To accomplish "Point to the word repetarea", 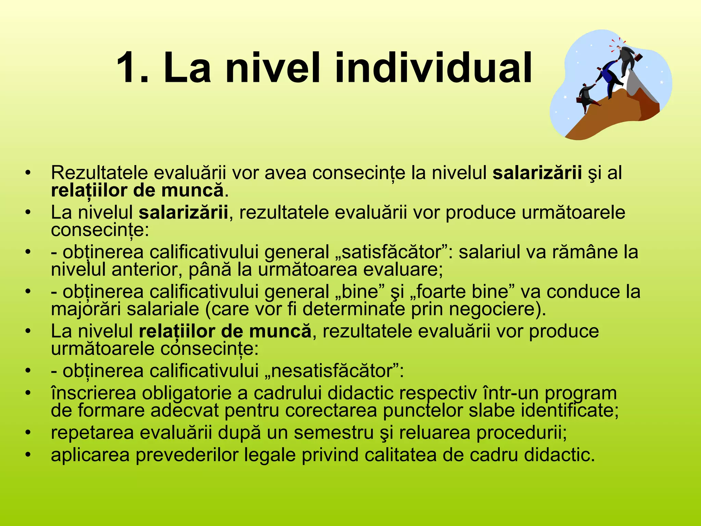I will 92,433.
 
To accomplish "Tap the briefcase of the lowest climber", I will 578,100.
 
